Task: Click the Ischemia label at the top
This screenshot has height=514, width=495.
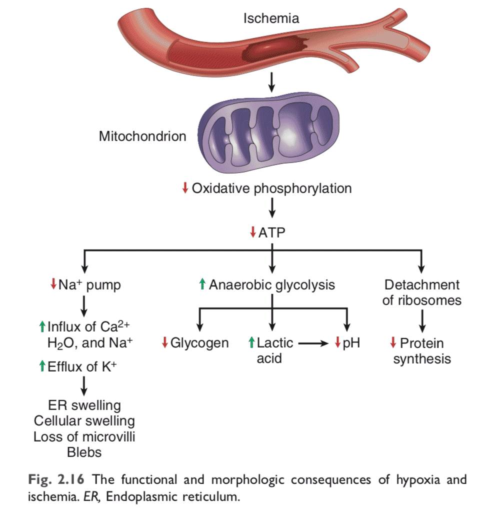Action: (271, 19)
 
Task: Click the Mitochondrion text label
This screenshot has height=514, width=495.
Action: (142, 136)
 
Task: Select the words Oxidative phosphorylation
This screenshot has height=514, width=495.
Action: (271, 188)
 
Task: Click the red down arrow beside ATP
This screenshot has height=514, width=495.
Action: (253, 232)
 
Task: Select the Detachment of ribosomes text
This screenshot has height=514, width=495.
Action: (421, 292)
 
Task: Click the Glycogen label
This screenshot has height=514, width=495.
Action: (199, 343)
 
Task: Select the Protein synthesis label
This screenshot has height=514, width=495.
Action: (421, 350)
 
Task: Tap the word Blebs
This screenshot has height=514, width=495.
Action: (84, 452)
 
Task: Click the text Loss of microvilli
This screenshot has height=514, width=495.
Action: (84, 436)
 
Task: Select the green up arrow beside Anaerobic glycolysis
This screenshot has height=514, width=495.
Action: (202, 285)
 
